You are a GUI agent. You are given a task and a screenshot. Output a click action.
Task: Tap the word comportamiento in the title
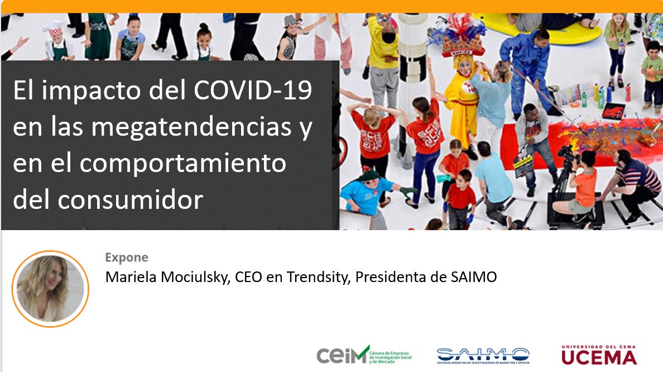(x=182, y=163)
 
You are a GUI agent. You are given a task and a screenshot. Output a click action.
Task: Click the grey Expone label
(x=127, y=257)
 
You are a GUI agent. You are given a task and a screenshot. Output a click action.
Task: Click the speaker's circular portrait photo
(x=50, y=288)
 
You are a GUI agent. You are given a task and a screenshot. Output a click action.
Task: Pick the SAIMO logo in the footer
(x=483, y=355)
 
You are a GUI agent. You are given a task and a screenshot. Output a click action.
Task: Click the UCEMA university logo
(x=599, y=354)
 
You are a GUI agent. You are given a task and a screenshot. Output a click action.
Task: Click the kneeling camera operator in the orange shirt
(x=580, y=184)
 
